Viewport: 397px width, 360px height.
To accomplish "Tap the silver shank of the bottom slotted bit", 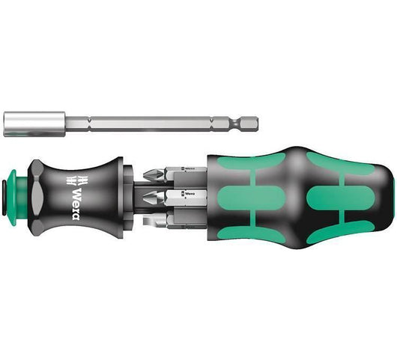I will (180, 219).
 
